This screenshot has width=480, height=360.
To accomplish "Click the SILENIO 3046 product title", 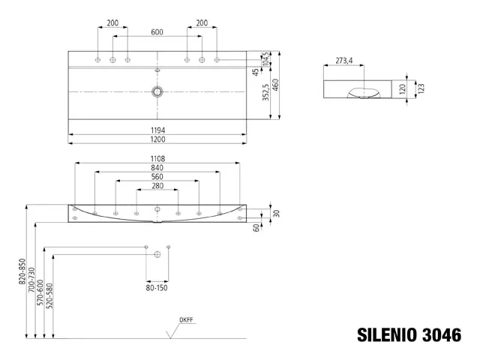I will [x=408, y=334].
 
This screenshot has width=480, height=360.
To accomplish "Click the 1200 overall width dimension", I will [x=157, y=140].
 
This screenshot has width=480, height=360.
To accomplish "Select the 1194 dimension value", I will [x=157, y=130].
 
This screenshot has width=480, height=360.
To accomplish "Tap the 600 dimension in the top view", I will [x=157, y=32].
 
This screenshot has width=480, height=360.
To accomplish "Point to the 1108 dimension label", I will [x=157, y=158].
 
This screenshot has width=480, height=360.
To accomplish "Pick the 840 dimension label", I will [x=157, y=167].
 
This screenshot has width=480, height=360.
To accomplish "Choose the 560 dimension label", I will [x=157, y=177].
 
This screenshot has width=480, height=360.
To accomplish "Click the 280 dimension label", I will [x=157, y=186].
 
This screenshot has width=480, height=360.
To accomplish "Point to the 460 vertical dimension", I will [x=277, y=85].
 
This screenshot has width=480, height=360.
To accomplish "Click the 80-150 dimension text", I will [x=157, y=287].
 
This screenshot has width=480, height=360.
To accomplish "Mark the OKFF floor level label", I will [x=186, y=320].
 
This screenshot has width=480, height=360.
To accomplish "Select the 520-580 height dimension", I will [x=49, y=296].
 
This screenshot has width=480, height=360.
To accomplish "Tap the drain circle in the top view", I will [x=157, y=91].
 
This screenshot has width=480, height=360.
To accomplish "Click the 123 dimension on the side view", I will [x=421, y=88].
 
